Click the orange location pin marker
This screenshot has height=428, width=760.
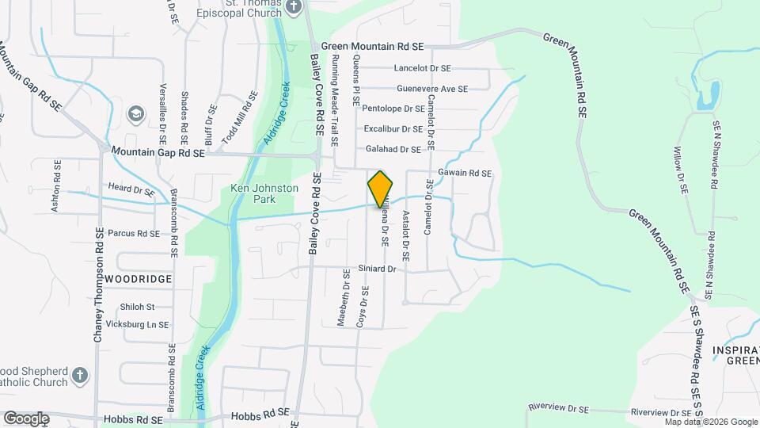pos(381,189)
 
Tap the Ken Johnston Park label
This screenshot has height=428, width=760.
pos(264,193)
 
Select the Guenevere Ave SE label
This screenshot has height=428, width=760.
pos(432,89)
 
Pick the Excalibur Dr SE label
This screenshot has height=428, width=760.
pos(393,128)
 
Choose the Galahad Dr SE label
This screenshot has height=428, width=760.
pos(393,149)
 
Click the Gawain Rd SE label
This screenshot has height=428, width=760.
pos(465,173)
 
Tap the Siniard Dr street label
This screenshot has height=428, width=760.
pos(376,269)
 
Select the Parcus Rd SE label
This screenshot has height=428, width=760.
pos(134,234)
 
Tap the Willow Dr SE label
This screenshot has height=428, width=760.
pos(678,170)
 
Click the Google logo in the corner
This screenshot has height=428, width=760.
pos(26,418)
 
